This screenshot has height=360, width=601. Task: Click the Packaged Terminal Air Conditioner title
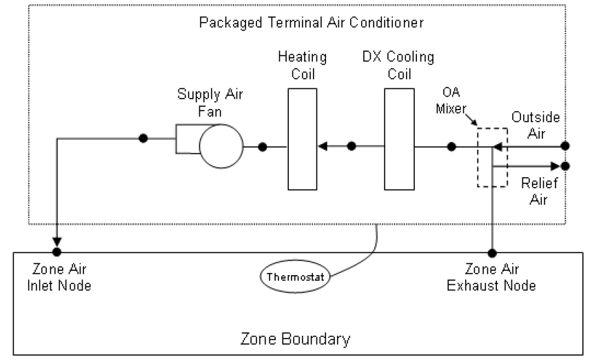pyautogui.click(x=311, y=22)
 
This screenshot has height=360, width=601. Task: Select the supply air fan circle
pyautogui.click(x=221, y=146)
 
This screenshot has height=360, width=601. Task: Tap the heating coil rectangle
pyautogui.click(x=303, y=139)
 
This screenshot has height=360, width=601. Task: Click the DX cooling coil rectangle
pyautogui.click(x=399, y=139)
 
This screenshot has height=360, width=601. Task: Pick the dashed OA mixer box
pyautogui.click(x=492, y=157)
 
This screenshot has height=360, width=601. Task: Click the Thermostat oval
pyautogui.click(x=295, y=277)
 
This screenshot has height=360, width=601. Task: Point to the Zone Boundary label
pyautogui.click(x=295, y=339)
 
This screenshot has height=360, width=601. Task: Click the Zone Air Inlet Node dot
pyautogui.click(x=57, y=252)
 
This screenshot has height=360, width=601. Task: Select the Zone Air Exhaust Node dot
pyautogui.click(x=492, y=252)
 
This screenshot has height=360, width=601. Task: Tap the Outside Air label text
pyautogui.click(x=535, y=125)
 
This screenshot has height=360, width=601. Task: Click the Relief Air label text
pyautogui.click(x=533, y=191)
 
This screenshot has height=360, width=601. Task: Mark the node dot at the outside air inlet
pyautogui.click(x=565, y=146)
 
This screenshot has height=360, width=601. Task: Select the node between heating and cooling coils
pyautogui.click(x=352, y=146)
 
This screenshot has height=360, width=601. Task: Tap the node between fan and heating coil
pyautogui.click(x=263, y=146)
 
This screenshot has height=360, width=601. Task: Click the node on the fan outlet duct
pyautogui.click(x=143, y=138)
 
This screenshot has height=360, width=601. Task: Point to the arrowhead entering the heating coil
pyautogui.click(x=322, y=146)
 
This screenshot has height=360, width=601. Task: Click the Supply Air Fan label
pyautogui.click(x=210, y=101)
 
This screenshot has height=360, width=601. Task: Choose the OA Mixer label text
pyautogui.click(x=455, y=101)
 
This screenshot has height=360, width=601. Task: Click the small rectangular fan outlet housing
pyautogui.click(x=186, y=139)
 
